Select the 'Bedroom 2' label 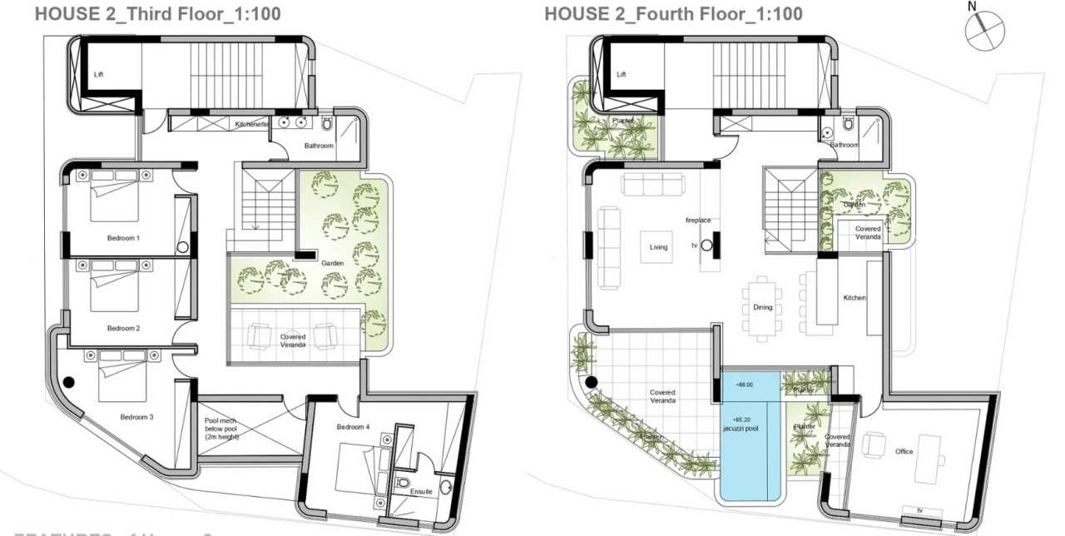123,328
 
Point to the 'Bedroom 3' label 136,417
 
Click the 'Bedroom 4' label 354,427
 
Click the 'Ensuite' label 421,492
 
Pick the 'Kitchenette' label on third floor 252,124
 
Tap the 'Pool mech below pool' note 222,429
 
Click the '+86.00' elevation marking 744,385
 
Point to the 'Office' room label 904,452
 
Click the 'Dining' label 763,307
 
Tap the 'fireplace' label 698,221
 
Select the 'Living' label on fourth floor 659,246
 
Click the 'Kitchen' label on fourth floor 854,298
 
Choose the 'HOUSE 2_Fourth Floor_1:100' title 673,13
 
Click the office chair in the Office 873,445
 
